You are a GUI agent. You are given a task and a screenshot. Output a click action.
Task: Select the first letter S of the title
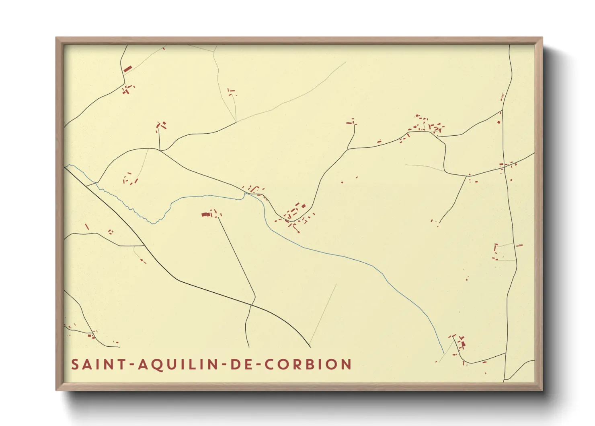pos(75,364)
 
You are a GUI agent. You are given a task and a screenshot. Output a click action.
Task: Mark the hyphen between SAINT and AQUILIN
pos(130,365)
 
